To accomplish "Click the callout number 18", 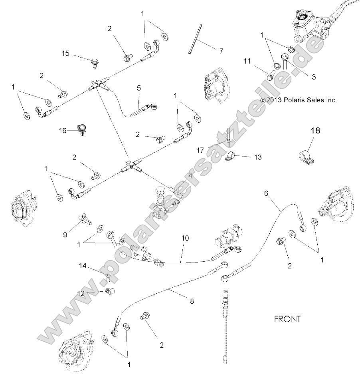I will (x=316, y=130).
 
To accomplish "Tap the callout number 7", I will (x=221, y=51).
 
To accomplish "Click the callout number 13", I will (x=258, y=157).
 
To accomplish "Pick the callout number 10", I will (x=185, y=238).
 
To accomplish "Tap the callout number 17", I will (x=200, y=150).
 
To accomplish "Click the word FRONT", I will (x=287, y=319).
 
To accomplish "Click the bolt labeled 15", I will (x=95, y=62).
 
